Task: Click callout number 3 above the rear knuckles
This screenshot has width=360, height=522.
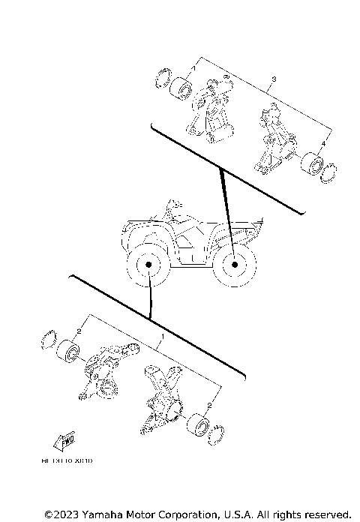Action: point(274,79)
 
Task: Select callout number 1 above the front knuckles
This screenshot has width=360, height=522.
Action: point(163,339)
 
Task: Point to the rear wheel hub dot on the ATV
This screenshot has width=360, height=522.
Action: point(235,265)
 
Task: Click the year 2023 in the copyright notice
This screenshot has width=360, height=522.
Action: point(61,514)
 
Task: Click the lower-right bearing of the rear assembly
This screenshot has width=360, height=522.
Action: point(310,164)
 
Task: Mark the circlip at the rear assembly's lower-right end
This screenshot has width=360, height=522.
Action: point(327,174)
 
